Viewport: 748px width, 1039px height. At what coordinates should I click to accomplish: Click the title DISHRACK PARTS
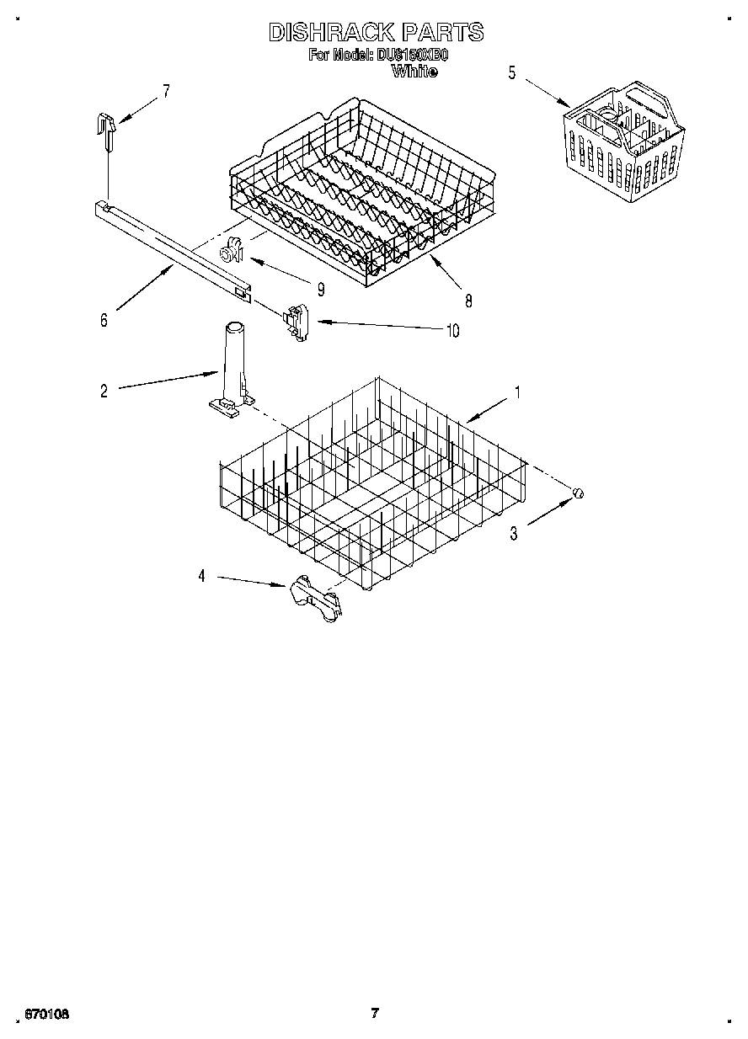[376, 32]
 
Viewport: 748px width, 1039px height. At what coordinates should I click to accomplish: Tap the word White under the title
[414, 72]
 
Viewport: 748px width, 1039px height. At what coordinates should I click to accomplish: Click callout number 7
[166, 92]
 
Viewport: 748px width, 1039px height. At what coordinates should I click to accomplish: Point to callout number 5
[511, 72]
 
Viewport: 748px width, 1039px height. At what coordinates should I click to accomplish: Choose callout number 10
[452, 330]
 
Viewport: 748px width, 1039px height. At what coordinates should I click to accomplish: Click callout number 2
[104, 391]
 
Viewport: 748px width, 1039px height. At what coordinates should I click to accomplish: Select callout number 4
[201, 576]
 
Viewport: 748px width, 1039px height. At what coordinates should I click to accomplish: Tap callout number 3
[512, 532]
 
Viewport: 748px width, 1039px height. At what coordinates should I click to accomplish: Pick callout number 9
[321, 288]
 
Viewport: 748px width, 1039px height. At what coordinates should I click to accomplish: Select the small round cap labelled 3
[578, 493]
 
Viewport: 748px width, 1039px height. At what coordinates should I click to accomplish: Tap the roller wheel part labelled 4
[315, 598]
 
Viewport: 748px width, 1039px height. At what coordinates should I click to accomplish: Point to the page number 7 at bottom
[375, 1013]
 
